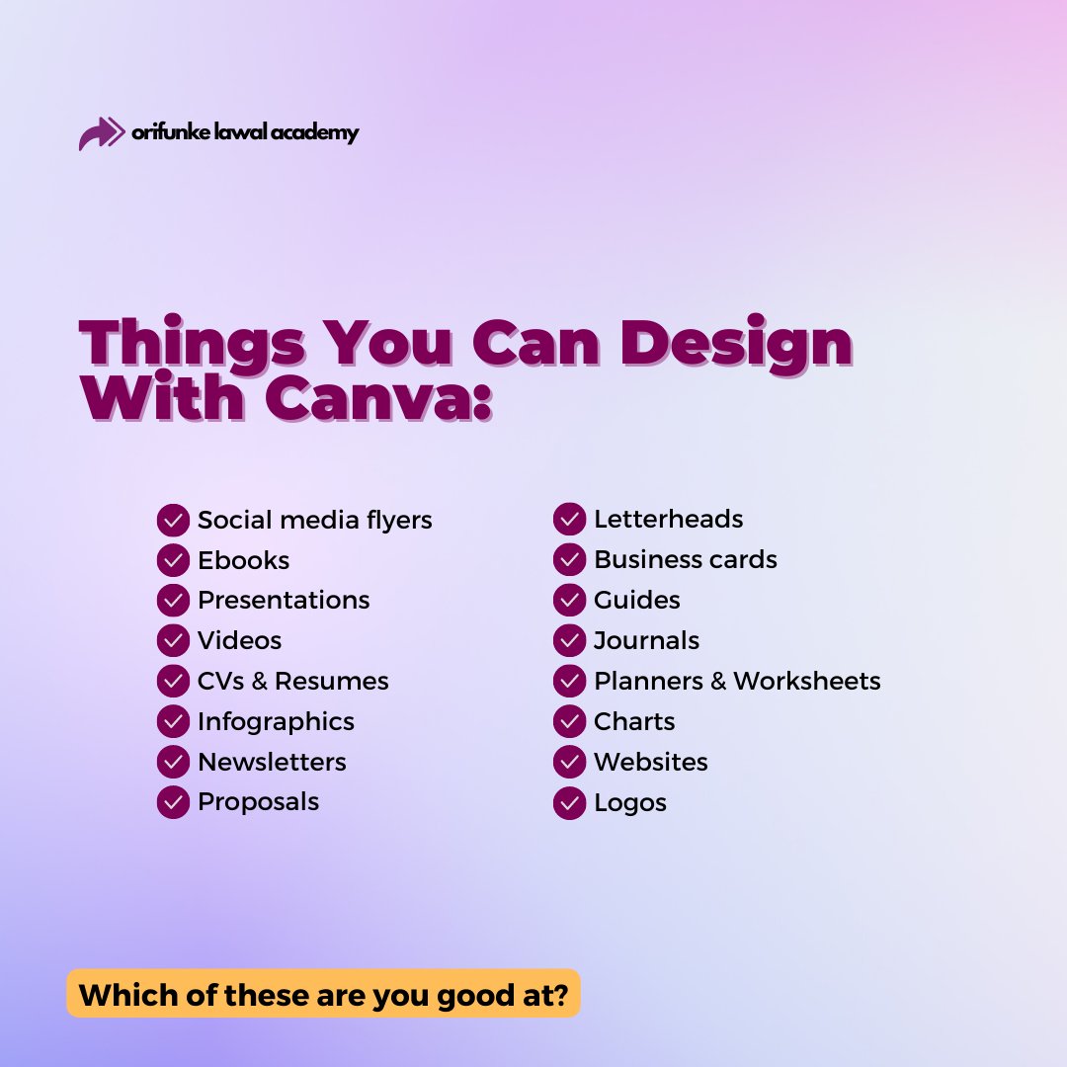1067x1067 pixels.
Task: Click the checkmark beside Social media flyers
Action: tap(173, 520)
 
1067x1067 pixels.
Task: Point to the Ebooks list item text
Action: tap(243, 560)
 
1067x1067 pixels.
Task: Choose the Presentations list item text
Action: tap(284, 601)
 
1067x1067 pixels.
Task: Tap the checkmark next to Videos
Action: tap(173, 640)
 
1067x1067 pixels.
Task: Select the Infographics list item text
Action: tap(276, 721)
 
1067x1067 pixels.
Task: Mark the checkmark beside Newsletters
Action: tap(173, 762)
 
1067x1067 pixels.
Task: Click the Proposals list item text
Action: tap(258, 801)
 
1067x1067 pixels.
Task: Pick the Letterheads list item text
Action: tap(668, 519)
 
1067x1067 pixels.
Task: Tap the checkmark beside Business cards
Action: tap(570, 560)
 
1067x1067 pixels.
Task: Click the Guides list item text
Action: tap(636, 600)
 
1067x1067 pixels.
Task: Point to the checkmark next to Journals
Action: tap(570, 640)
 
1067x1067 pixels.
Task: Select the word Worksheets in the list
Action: tap(806, 681)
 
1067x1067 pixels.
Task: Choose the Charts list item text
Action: tap(634, 721)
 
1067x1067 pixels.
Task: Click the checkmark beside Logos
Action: tap(570, 802)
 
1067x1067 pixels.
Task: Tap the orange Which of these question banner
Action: tap(323, 993)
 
